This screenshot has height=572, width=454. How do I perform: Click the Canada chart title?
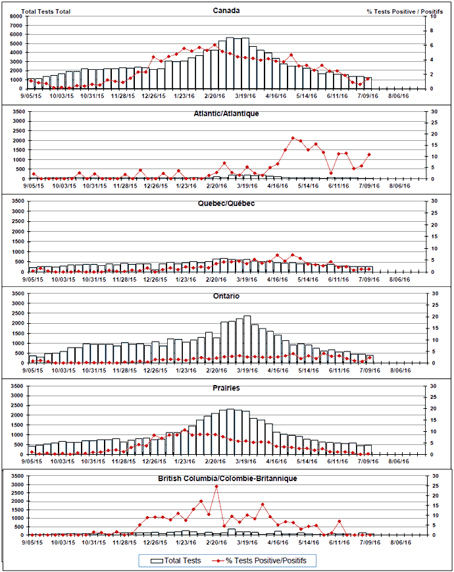[x=226, y=11]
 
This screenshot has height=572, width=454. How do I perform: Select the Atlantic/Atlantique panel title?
[x=226, y=113]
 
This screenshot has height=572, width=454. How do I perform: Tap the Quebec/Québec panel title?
[x=226, y=203]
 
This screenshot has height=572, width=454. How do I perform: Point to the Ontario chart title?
[x=226, y=296]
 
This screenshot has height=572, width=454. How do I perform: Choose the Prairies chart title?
[x=226, y=388]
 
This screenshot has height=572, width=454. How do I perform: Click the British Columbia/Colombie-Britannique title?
[x=226, y=479]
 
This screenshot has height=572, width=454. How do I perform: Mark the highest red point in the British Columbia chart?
[x=216, y=486]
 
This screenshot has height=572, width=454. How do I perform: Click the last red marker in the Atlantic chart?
[x=369, y=155]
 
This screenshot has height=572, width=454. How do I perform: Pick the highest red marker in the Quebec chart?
[x=278, y=255]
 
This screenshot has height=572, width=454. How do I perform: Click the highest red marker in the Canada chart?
[x=215, y=45]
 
